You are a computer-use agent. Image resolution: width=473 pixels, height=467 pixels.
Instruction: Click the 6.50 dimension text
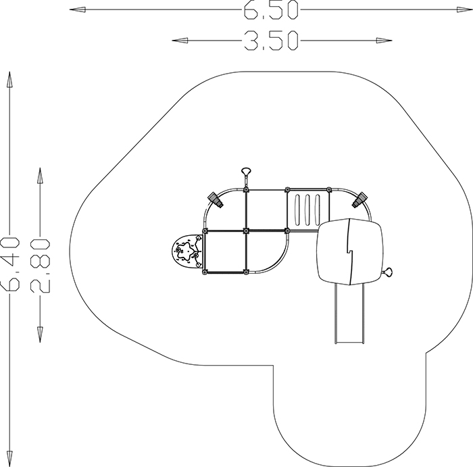click(271, 10)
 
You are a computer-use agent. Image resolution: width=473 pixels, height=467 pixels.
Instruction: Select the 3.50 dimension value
click(271, 41)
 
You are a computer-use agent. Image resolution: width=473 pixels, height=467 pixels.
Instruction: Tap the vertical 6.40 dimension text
click(10, 264)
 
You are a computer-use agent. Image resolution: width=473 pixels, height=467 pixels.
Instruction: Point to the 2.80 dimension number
click(40, 266)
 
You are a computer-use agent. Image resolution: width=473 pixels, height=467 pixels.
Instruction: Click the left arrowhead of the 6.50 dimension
click(78, 9)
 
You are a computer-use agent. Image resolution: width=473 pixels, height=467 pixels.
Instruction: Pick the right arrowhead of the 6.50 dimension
click(465, 10)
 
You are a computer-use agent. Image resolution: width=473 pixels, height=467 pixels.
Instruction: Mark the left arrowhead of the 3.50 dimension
click(180, 41)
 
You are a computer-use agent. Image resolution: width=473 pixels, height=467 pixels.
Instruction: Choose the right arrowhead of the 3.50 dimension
click(384, 41)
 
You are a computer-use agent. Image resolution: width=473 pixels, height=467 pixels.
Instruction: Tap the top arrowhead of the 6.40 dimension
click(9, 80)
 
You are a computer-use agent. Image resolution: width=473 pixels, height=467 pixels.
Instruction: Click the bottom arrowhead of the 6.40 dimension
click(9, 459)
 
